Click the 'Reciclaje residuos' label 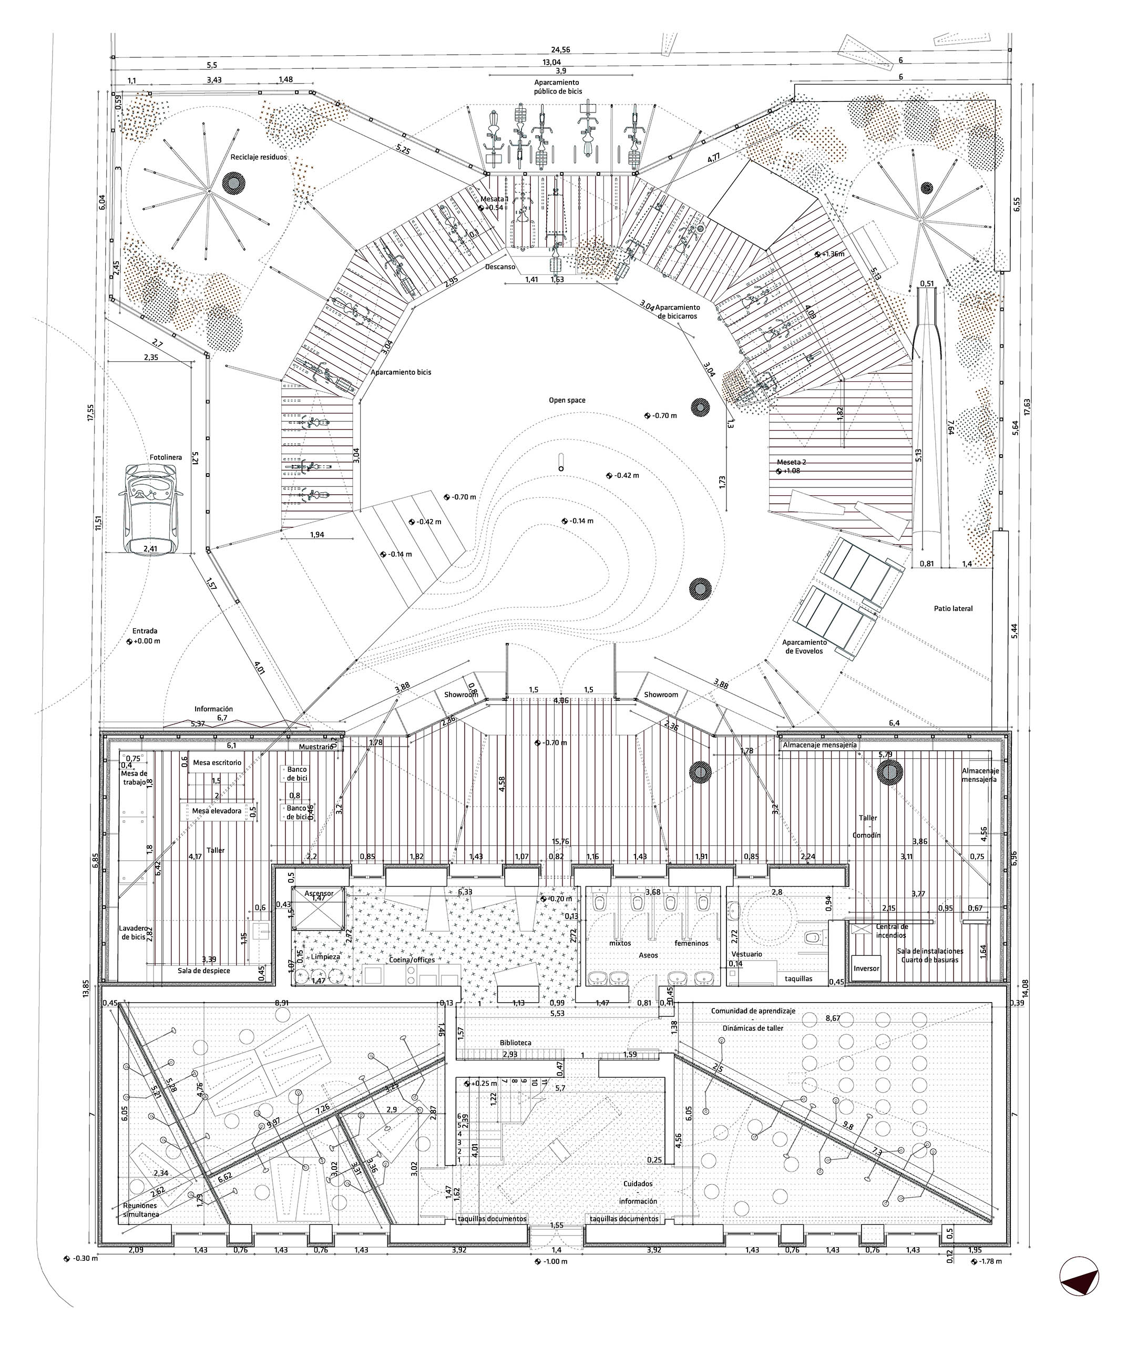pos(258,157)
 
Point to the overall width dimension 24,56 pos(560,50)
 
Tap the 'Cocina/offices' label pos(412,960)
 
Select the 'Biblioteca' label pos(515,1043)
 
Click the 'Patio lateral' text pos(953,609)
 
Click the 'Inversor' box pos(866,968)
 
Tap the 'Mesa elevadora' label pos(216,811)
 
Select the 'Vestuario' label pos(746,954)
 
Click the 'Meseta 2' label pos(791,462)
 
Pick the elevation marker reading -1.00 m pos(551,1261)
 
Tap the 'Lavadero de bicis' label pos(132,932)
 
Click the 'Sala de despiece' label pos(204,971)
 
